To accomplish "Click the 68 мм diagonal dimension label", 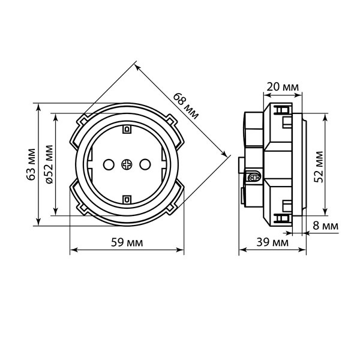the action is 186,106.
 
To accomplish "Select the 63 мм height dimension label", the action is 31,164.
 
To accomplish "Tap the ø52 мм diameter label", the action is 49,164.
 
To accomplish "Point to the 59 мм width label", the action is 127,242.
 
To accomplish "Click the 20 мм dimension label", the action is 283,87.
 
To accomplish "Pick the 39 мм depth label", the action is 272,242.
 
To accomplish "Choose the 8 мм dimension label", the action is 326,226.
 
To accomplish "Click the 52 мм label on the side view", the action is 319,167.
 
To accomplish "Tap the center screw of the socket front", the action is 127,164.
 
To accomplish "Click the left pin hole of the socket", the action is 109,164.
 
